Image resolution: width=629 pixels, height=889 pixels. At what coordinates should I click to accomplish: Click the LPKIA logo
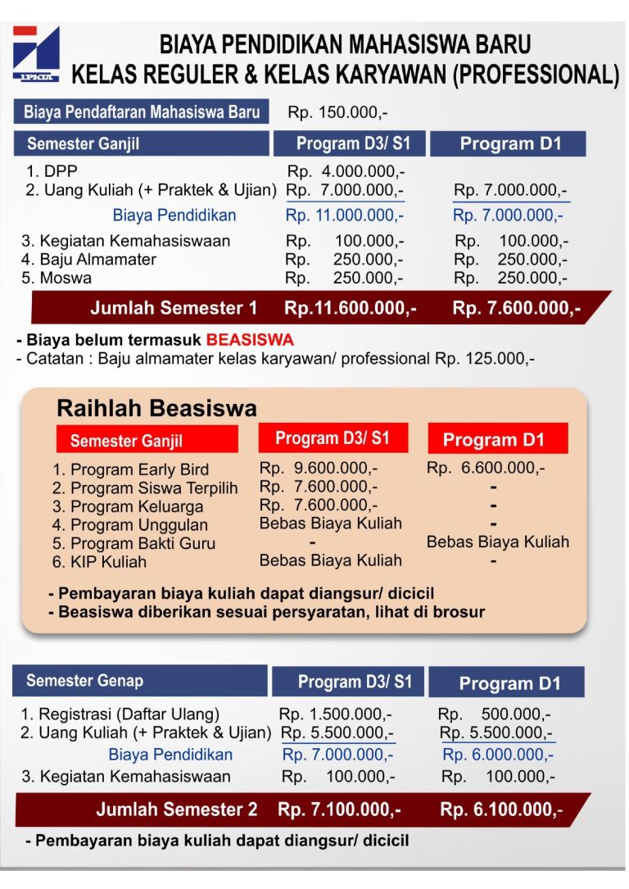pyautogui.click(x=37, y=54)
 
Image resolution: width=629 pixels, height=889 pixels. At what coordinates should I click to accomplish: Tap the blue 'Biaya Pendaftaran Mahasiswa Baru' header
pyautogui.click(x=142, y=111)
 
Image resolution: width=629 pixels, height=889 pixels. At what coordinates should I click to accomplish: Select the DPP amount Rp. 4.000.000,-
pyautogui.click(x=346, y=172)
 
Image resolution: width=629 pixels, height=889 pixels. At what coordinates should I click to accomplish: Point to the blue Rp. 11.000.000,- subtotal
pyautogui.click(x=344, y=215)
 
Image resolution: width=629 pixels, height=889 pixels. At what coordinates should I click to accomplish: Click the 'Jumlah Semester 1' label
pyautogui.click(x=174, y=308)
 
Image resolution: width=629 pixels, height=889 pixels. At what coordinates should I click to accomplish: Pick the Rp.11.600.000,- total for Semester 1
pyautogui.click(x=350, y=308)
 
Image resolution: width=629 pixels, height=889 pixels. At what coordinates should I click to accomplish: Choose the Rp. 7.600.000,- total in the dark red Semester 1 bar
pyautogui.click(x=516, y=308)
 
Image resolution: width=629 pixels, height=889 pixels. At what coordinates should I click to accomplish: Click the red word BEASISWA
pyautogui.click(x=250, y=339)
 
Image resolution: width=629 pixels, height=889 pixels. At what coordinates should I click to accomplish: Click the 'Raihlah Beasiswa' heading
pyautogui.click(x=156, y=408)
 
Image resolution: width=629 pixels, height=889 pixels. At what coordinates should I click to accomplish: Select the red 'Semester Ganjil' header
pyautogui.click(x=126, y=440)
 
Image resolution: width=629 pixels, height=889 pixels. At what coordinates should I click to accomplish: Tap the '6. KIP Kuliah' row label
pyautogui.click(x=99, y=561)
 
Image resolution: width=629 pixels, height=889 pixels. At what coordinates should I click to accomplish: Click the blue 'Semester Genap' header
pyautogui.click(x=84, y=681)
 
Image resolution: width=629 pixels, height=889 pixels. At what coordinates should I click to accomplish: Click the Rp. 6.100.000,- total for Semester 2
pyautogui.click(x=501, y=810)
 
